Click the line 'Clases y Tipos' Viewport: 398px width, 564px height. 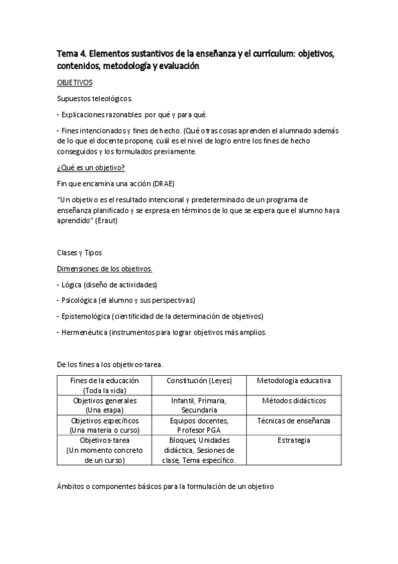80,253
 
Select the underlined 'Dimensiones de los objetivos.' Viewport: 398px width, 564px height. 104,269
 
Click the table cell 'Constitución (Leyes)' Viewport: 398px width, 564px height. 198,380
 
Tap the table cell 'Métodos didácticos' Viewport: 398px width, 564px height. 294,401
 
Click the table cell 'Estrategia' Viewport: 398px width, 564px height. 294,440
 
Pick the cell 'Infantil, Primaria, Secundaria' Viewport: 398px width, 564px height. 198,406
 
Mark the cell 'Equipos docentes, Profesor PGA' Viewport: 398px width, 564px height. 198,426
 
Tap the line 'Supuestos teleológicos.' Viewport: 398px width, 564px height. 90,99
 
